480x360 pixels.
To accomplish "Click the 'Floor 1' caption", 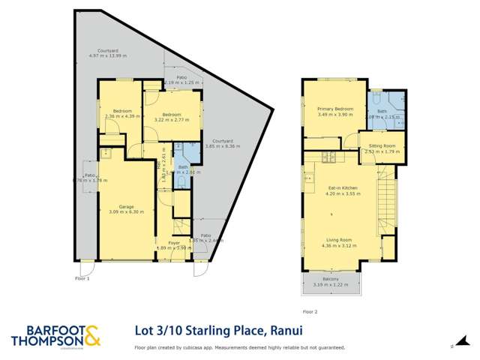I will pyautogui.click(x=82, y=278).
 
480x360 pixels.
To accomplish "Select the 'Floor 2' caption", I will pyautogui.click(x=310, y=310).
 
